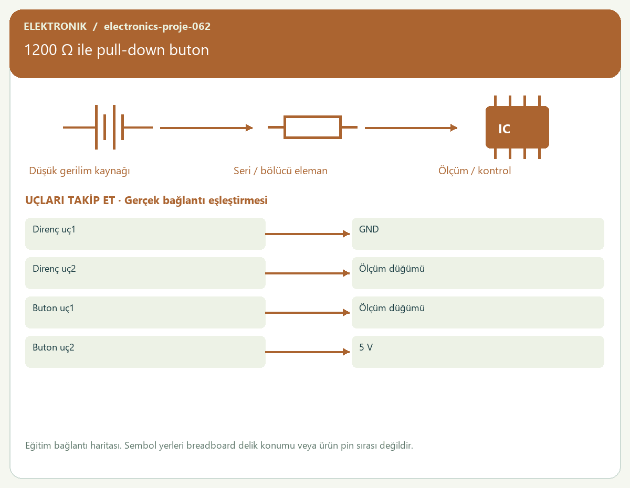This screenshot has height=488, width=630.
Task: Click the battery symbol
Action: (x=108, y=127)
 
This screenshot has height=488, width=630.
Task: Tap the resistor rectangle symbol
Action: (x=312, y=127)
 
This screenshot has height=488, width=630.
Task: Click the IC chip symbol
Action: (x=517, y=127)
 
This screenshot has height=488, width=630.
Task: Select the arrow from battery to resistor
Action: (x=206, y=128)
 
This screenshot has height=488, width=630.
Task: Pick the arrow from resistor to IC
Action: (x=411, y=128)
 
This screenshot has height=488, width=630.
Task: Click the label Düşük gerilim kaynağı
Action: (x=79, y=171)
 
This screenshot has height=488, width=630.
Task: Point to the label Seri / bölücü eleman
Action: (x=280, y=171)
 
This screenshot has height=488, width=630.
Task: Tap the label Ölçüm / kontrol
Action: (x=474, y=171)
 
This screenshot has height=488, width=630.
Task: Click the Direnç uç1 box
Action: (x=145, y=234)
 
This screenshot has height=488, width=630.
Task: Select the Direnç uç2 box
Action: (x=145, y=273)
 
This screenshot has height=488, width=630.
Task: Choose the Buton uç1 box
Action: (x=145, y=312)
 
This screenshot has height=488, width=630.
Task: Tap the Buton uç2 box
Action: (x=145, y=352)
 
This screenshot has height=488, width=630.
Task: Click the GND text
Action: (x=369, y=229)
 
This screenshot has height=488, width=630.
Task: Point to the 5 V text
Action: (x=366, y=347)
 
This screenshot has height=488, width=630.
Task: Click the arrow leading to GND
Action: (x=307, y=234)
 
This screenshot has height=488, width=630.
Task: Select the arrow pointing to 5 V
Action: (x=307, y=352)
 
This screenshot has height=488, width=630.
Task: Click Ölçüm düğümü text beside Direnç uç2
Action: (x=392, y=269)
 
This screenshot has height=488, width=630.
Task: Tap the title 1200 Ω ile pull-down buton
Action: (x=117, y=50)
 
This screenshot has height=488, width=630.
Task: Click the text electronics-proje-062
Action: (x=157, y=26)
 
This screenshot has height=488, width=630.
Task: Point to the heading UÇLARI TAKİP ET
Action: (x=70, y=200)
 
